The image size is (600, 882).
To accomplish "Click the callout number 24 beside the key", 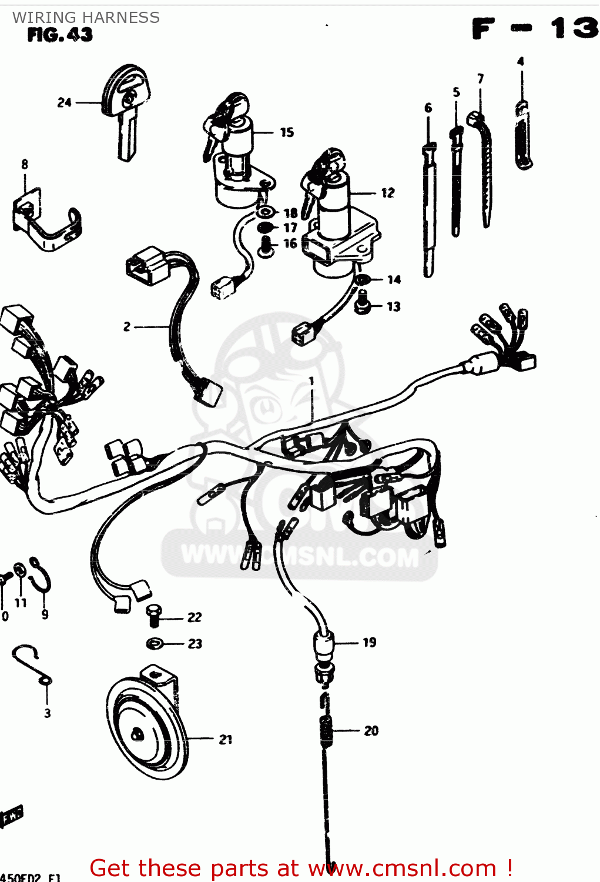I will point(64,102).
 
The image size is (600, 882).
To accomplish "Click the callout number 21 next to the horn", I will point(226,740).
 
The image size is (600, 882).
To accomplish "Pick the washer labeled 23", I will point(155,644).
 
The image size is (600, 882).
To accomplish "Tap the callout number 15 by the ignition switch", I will point(287,132).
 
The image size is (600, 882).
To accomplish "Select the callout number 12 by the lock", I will point(388,193).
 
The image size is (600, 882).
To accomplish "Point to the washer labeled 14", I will point(363,280).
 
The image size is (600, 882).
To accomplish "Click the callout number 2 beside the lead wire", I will point(127,326).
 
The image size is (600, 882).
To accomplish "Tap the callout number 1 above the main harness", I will point(311,381).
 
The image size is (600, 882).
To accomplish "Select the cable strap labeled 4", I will point(522,135).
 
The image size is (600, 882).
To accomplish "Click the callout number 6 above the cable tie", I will point(428,108).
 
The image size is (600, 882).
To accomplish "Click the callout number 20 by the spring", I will point(371,731).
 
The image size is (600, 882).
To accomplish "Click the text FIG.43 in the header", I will point(60,35).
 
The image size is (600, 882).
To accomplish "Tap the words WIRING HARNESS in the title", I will point(86,18).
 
